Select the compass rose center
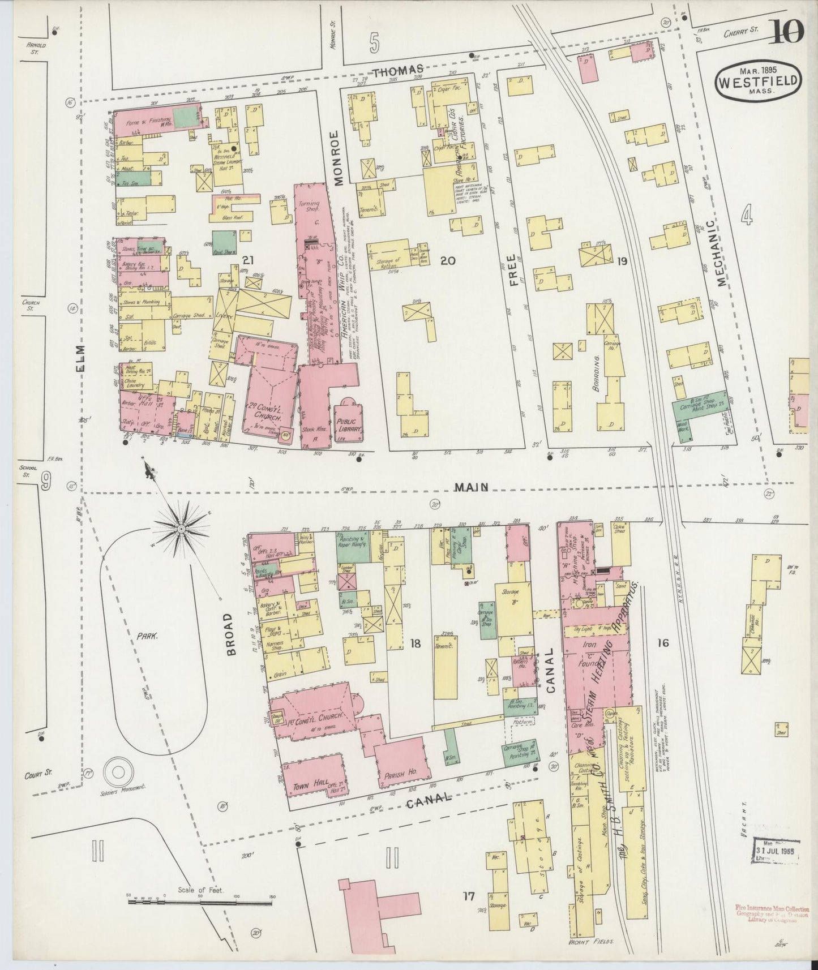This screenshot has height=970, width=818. pos(181,529)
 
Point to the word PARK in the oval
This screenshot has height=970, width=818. pos(145,635)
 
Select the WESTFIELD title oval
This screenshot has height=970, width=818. pos(759,81)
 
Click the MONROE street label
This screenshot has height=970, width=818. pos(339,158)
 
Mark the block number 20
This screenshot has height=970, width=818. pos(448,260)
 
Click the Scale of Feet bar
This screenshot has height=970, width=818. pos(201,912)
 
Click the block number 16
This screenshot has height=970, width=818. pos(663,643)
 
